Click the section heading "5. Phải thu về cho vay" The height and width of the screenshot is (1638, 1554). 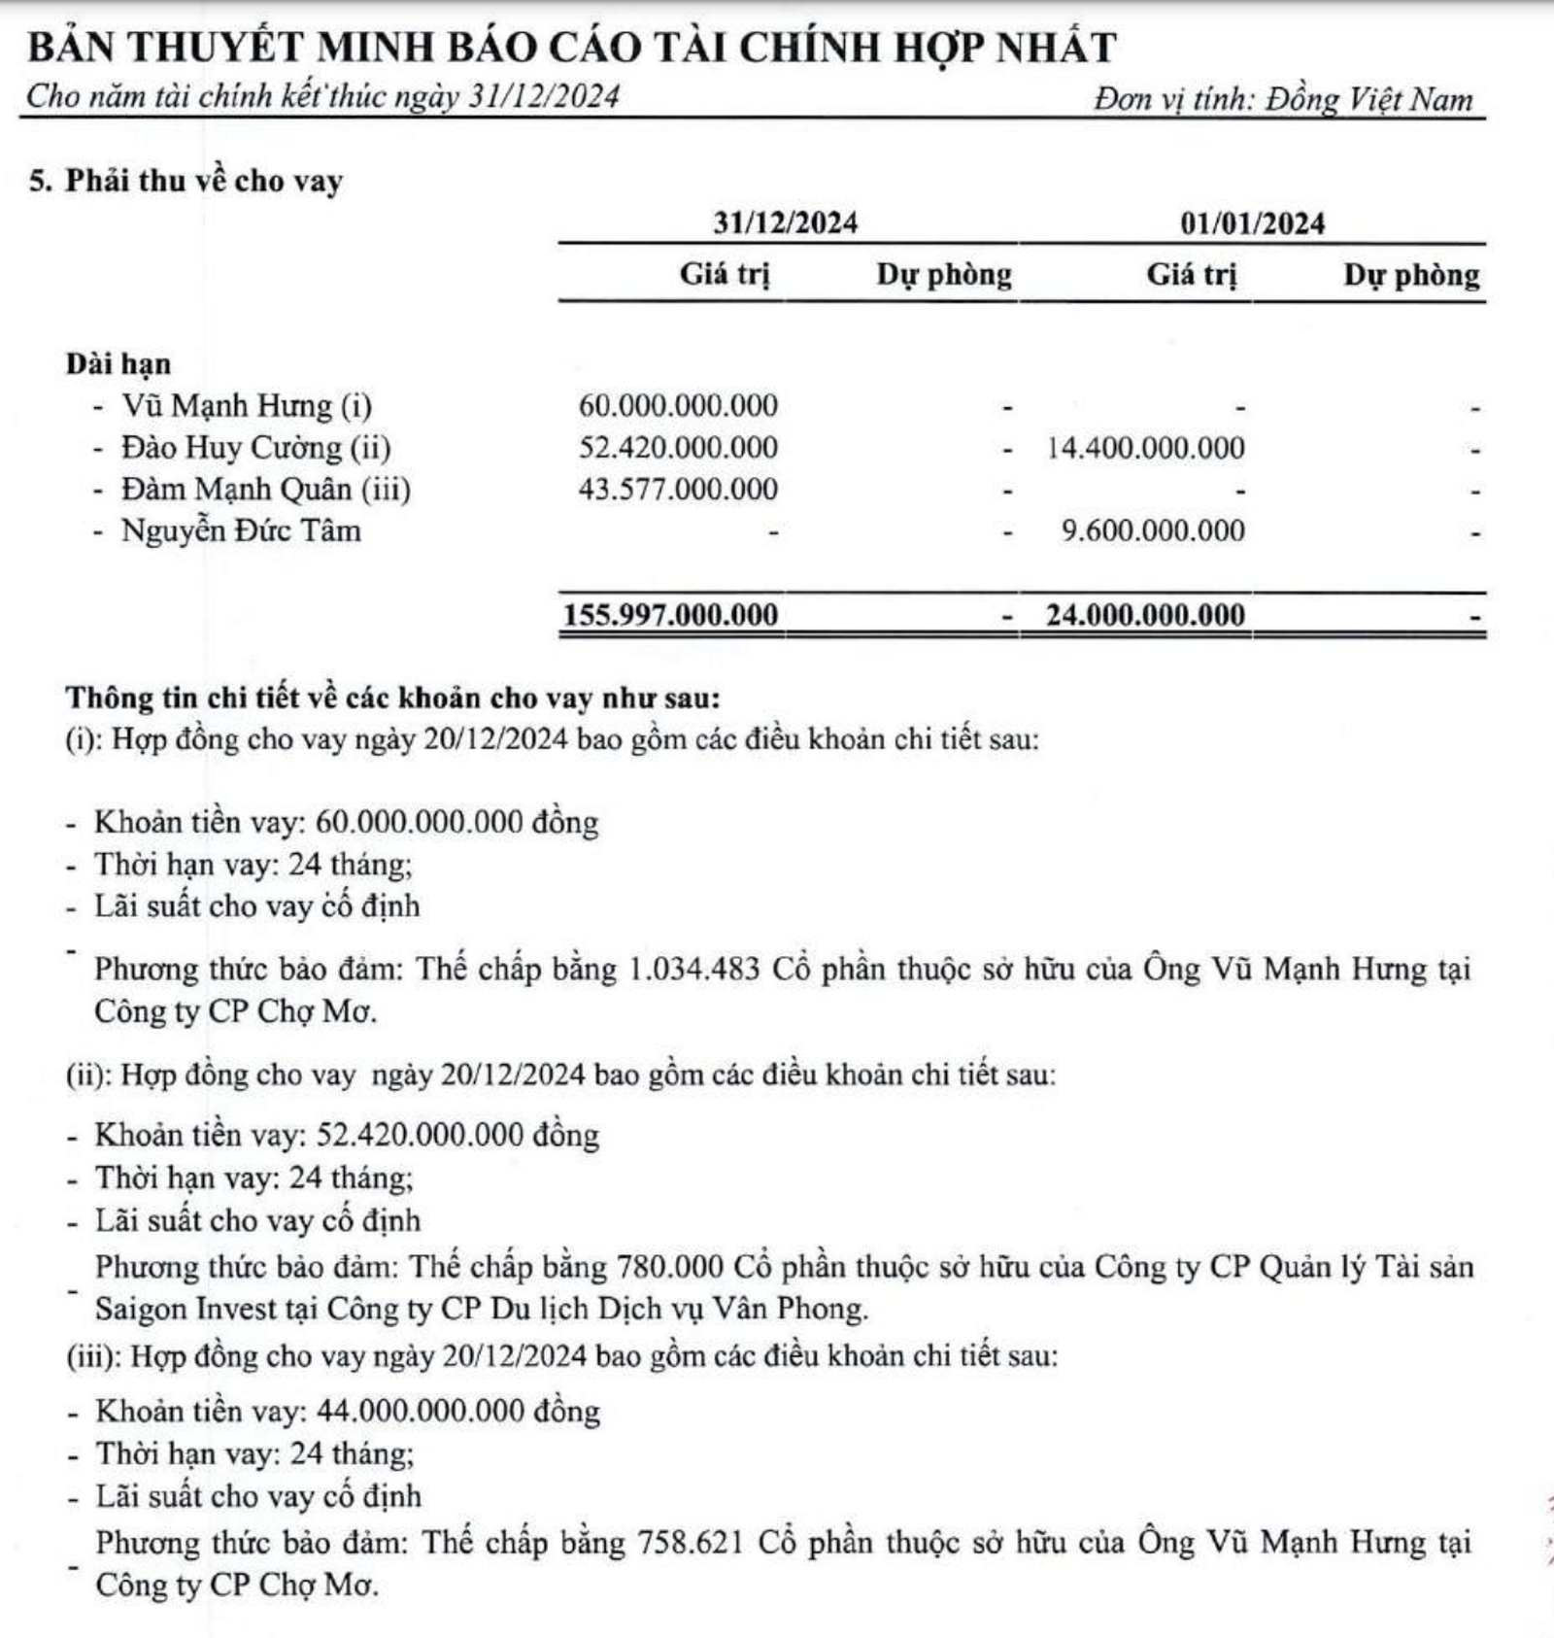186,181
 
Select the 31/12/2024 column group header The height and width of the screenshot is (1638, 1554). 785,222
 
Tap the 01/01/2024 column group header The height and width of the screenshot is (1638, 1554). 1252,222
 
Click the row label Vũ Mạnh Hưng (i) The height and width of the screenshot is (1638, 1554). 246,404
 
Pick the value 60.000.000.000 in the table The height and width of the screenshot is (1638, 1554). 678,405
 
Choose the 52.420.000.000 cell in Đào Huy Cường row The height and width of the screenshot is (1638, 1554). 678,447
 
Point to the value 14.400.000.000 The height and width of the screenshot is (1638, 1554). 1146,448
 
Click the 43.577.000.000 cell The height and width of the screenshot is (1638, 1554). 678,489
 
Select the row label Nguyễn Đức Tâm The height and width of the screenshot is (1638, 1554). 240,530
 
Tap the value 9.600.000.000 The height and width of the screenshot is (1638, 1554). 1153,530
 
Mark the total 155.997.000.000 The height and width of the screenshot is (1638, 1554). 671,615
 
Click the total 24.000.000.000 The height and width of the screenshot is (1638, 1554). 1145,615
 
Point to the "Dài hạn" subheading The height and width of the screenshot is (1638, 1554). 118,363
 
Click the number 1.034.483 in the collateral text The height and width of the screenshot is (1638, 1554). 694,969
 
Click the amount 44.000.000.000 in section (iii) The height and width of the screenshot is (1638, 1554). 421,1411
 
